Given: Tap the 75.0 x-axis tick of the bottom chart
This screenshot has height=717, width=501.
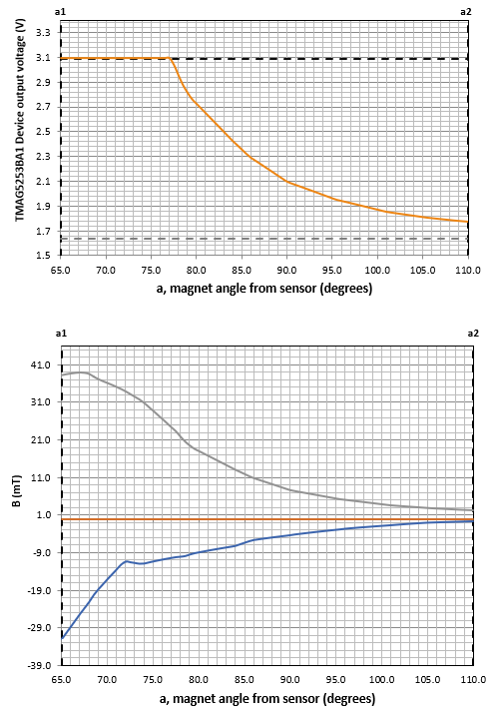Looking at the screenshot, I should point(152,681).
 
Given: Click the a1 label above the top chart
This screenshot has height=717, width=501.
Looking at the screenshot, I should point(61,10).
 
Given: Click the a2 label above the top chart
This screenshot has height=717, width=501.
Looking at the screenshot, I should point(466,10).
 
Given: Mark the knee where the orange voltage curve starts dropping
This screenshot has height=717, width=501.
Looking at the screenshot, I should point(172,59).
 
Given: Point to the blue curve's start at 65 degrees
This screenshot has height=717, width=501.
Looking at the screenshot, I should point(62,638).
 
